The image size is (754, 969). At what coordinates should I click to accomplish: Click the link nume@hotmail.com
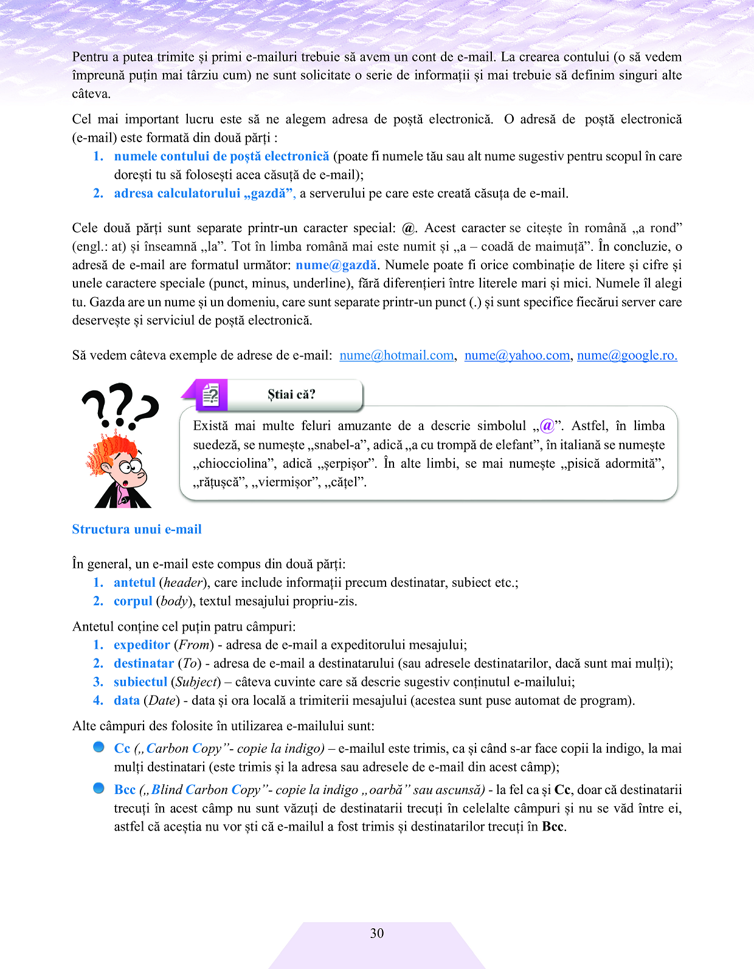pyautogui.click(x=396, y=355)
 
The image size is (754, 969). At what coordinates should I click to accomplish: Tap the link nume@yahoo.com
pyautogui.click(x=517, y=355)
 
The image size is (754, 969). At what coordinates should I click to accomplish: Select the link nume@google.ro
pyautogui.click(x=627, y=355)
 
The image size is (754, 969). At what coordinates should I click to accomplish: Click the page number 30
pyautogui.click(x=377, y=933)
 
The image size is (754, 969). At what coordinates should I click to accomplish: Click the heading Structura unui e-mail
pyautogui.click(x=137, y=529)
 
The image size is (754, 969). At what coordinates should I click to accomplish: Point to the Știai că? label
pyautogui.click(x=291, y=394)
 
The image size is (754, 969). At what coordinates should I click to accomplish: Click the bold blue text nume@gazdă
pyautogui.click(x=336, y=265)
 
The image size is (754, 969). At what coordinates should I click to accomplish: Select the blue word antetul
pyautogui.click(x=134, y=583)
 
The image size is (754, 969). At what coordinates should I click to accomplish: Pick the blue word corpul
pyautogui.click(x=133, y=601)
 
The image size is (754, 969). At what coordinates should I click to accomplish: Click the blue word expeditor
pyautogui.click(x=142, y=645)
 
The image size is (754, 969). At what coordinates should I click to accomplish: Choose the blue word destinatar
pyautogui.click(x=144, y=663)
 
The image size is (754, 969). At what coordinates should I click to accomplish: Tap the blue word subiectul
pyautogui.click(x=140, y=682)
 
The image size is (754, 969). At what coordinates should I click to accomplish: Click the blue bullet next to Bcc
pyautogui.click(x=99, y=788)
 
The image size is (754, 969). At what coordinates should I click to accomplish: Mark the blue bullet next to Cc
pyautogui.click(x=99, y=747)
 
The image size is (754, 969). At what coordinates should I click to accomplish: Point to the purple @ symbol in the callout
pyautogui.click(x=547, y=425)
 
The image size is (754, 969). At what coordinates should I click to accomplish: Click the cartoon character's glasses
pyautogui.click(x=129, y=467)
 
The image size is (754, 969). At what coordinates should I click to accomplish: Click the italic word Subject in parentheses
pyautogui.click(x=196, y=682)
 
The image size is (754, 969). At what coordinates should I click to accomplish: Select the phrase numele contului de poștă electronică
pyautogui.click(x=221, y=156)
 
